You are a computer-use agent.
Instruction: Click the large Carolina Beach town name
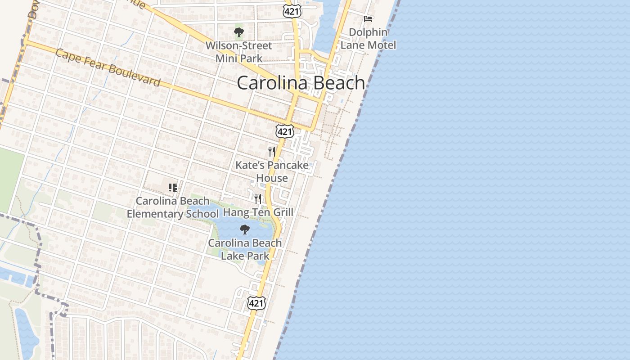point(301,83)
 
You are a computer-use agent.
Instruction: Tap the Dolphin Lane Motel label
point(368,39)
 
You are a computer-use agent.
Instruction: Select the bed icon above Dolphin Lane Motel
point(368,18)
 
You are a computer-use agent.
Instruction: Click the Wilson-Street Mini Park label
point(239,52)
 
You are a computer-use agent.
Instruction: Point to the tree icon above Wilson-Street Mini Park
point(238,32)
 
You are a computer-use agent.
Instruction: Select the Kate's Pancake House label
point(272,171)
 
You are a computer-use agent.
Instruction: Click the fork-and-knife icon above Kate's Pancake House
point(271,151)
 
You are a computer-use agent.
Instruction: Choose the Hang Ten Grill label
point(258,212)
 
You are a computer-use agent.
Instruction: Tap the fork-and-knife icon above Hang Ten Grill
point(258,198)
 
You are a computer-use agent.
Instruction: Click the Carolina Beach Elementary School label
point(173,207)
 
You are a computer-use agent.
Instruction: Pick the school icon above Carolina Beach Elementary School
point(173,187)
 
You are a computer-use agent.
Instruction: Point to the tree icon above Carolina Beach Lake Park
point(245,229)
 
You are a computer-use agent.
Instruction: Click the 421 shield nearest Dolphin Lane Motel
point(292,11)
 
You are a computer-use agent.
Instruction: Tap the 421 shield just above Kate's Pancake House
point(285,131)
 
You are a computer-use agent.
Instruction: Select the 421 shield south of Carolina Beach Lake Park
point(256,303)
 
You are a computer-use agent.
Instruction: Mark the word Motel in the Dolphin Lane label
point(381,45)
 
